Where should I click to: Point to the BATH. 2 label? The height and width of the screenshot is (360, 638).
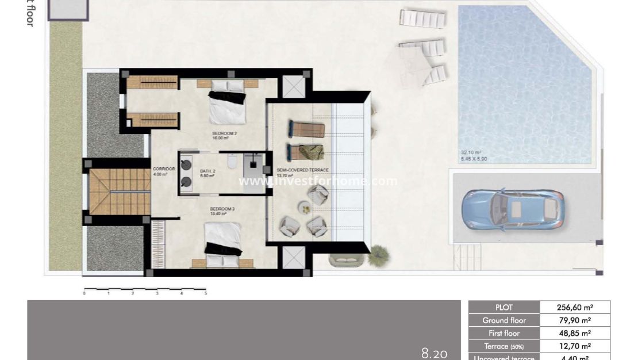tap(207, 173)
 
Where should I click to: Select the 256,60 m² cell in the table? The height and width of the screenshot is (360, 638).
tap(575, 308)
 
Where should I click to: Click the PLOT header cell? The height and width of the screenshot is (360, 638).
tap(504, 308)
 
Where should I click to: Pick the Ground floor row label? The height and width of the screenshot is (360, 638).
tap(504, 320)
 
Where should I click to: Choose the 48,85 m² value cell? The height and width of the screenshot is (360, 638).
tap(575, 334)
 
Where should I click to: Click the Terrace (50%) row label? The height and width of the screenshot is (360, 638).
tap(504, 346)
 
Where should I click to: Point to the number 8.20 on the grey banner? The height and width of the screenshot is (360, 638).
tap(434, 353)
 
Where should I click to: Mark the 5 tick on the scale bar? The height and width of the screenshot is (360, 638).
tap(206, 293)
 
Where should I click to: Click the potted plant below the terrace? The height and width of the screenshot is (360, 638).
tap(378, 256)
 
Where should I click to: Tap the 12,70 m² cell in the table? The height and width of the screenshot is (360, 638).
tap(575, 346)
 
